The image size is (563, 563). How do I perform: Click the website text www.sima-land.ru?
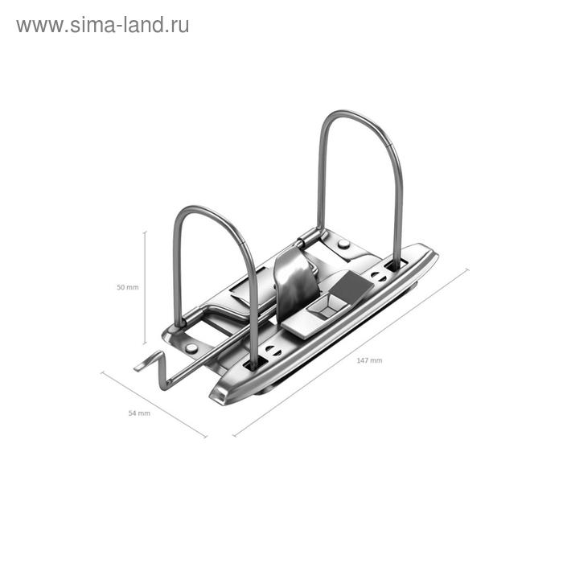pyautogui.click(x=102, y=25)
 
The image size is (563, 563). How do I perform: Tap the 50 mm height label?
pyautogui.click(x=127, y=287)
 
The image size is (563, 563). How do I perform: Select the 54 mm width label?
pyautogui.click(x=139, y=413)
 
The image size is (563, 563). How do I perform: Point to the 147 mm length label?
pyautogui.click(x=370, y=360)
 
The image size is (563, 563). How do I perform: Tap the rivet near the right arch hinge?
pyautogui.click(x=343, y=243)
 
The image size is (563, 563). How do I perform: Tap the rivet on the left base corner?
pyautogui.click(x=191, y=347)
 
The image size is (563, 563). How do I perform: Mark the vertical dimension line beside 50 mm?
pyautogui.click(x=145, y=287)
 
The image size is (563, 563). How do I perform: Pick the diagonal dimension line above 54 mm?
pyautogui.click(x=153, y=405)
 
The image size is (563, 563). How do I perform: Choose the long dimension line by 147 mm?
pyautogui.click(x=351, y=352)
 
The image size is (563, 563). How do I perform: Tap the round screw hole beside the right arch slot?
pyautogui.click(x=378, y=276)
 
